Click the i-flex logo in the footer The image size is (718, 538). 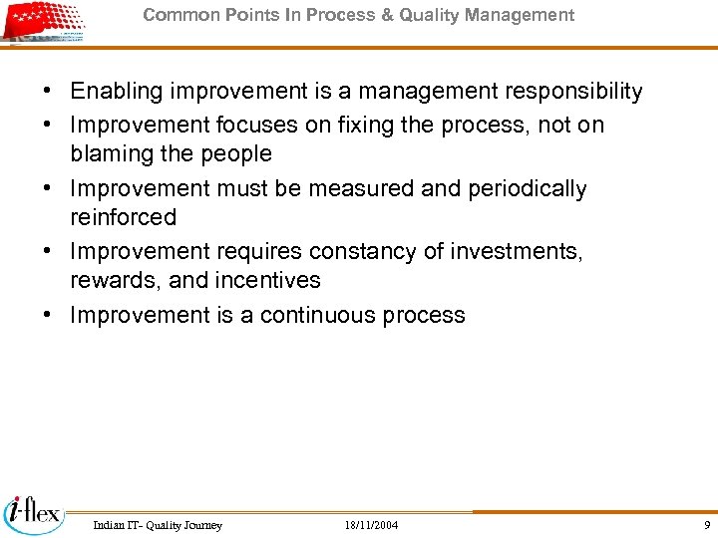33,514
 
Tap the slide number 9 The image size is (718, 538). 707,525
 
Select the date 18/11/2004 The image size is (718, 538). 371,525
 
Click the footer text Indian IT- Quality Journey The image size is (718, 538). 158,525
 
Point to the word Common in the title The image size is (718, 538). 175,15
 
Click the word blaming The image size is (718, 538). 110,154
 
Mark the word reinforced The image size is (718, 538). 123,217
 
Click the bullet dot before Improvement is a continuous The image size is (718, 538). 48,316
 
